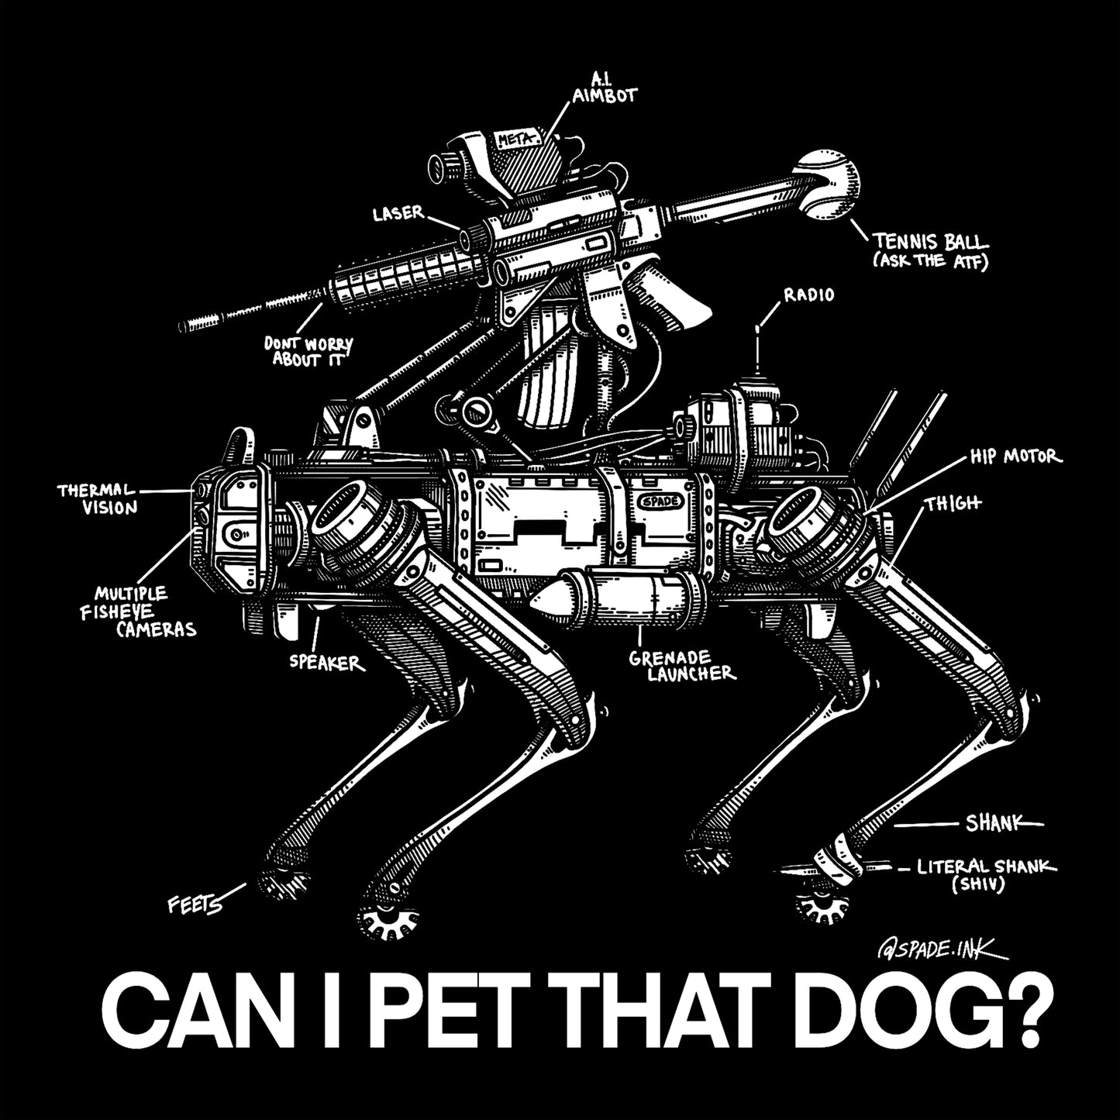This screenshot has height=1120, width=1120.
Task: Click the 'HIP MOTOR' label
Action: (x=1012, y=457)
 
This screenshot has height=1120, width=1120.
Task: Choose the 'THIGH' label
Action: (x=953, y=503)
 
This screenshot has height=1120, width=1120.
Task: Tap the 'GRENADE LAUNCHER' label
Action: (x=681, y=664)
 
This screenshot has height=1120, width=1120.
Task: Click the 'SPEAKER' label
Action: (x=326, y=663)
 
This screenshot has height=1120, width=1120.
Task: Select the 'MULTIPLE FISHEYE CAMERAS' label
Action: (x=144, y=611)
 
